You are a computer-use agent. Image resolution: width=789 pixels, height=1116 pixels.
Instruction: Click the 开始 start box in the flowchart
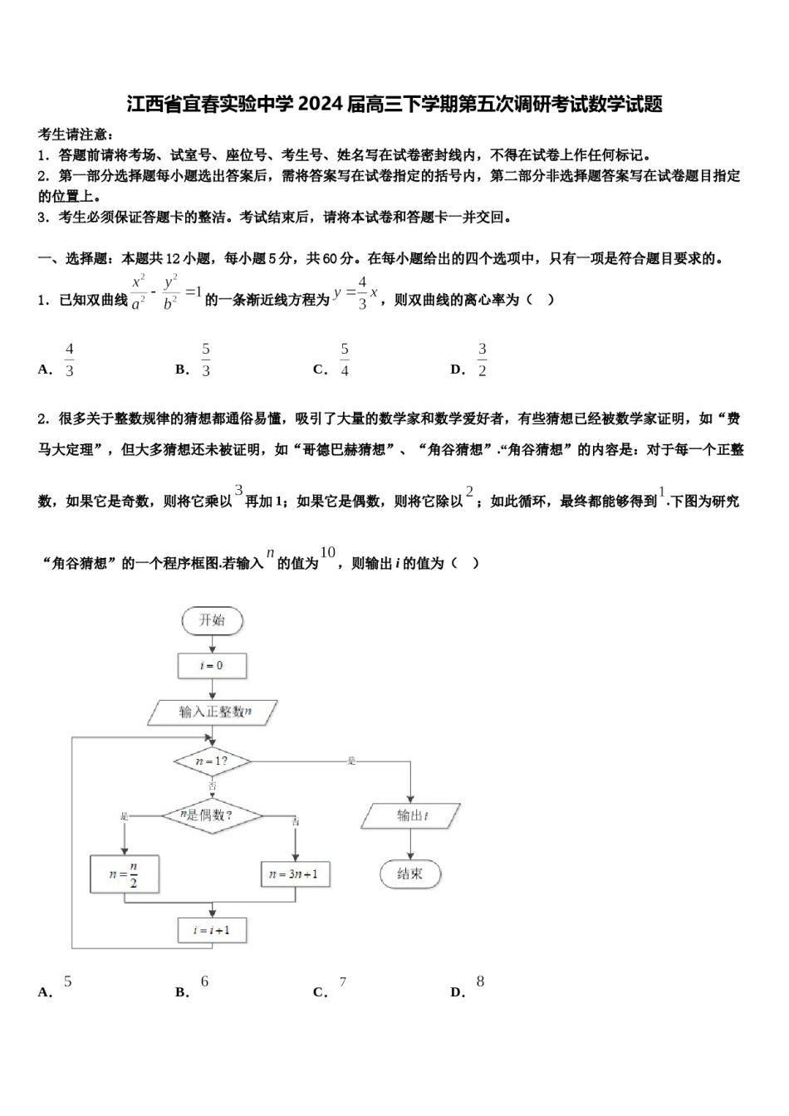pos(212,620)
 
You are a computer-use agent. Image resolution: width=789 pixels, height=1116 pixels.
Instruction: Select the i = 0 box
pos(212,666)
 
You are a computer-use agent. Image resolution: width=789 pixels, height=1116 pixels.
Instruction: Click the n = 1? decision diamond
pos(212,761)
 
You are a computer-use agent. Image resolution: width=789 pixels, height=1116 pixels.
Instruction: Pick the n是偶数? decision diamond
pos(211,815)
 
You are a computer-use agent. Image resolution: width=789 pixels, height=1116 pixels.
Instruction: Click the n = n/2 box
pos(124,874)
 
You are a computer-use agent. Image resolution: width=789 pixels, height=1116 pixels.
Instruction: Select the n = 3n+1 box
pos(296,874)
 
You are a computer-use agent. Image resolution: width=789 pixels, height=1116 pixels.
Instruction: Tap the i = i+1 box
pos(212,930)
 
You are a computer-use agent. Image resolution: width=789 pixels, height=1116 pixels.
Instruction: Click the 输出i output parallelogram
pos(411,815)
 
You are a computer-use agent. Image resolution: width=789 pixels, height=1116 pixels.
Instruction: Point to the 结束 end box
pos(410,874)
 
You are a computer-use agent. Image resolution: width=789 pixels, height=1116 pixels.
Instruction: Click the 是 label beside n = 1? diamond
pos(352,761)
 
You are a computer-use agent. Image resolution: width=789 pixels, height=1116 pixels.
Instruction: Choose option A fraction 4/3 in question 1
pos(69,360)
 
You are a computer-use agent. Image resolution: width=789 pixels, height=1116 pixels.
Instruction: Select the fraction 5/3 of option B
pos(206,360)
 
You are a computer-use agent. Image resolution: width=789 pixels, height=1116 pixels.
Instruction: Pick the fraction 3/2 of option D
pos(482,360)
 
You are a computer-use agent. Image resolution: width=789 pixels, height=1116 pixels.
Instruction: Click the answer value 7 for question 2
pos(343,982)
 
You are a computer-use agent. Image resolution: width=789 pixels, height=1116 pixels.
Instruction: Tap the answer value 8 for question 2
pos(480,981)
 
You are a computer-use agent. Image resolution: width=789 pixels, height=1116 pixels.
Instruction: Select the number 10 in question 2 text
pos(328,552)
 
